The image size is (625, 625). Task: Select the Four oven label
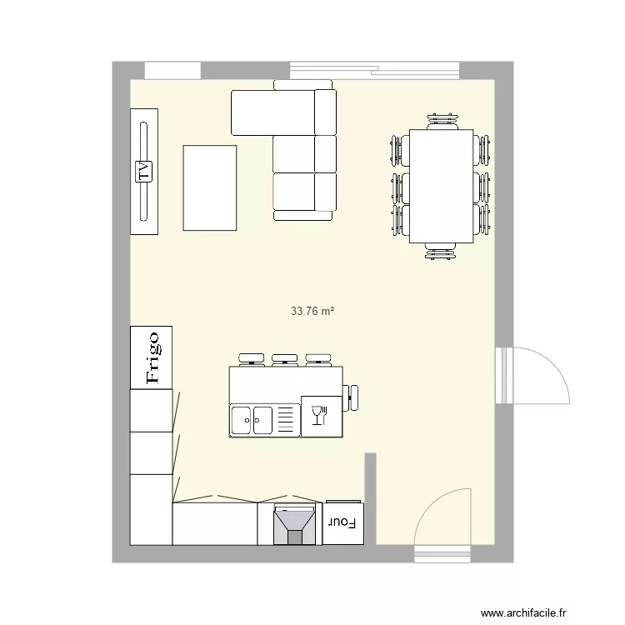[342, 523]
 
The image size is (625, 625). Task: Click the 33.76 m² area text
[312, 312]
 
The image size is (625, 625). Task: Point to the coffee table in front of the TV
[209, 187]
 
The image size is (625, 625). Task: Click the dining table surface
[441, 185]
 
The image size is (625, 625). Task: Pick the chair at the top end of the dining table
[442, 122]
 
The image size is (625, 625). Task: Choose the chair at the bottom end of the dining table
[441, 251]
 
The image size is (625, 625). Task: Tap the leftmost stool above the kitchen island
[249, 359]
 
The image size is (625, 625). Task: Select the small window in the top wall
[172, 70]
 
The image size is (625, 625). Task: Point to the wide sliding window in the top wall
[374, 70]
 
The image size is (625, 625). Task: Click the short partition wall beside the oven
[370, 497]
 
